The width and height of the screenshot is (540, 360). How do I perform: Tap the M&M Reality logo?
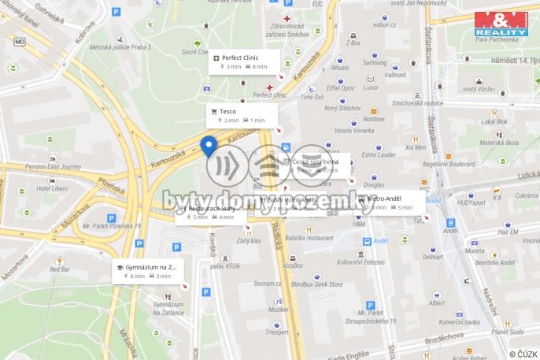point(501,22)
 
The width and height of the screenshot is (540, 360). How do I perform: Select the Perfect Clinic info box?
point(244,61)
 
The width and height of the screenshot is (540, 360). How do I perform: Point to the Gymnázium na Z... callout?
point(148,271)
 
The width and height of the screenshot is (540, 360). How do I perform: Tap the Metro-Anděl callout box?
point(388,203)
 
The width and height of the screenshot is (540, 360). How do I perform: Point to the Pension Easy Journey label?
point(53,166)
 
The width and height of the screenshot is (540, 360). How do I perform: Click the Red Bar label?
point(60,269)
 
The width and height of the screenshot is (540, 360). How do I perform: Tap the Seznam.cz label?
point(268,283)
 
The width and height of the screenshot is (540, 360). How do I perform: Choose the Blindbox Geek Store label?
point(316,284)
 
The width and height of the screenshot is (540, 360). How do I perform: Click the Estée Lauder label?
point(380,154)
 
